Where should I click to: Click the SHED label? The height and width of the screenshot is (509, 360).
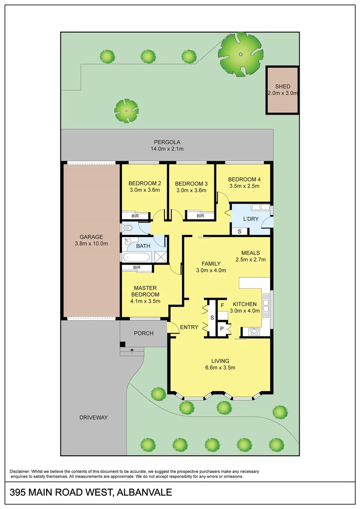click(x=283, y=86)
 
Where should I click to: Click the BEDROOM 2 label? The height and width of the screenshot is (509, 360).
click(x=145, y=183)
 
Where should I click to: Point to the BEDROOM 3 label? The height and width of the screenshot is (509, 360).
click(x=191, y=183)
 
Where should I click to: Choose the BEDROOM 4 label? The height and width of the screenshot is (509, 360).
click(x=244, y=179)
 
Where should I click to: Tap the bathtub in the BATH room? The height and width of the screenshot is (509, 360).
click(x=137, y=257)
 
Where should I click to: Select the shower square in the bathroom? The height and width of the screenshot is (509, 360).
click(x=160, y=257)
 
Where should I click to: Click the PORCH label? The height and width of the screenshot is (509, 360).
click(x=144, y=333)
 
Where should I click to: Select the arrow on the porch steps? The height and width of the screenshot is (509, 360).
click(x=131, y=351)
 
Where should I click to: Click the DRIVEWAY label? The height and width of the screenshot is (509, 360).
click(x=94, y=418)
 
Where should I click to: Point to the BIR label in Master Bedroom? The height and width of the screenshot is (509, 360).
click(x=137, y=268)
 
